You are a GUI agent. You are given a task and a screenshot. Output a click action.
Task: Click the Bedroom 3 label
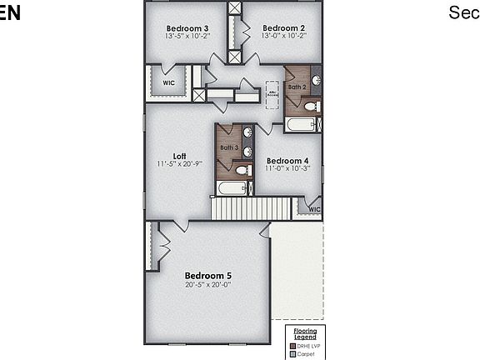(187, 28)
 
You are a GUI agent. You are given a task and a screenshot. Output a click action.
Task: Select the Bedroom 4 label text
(287, 161)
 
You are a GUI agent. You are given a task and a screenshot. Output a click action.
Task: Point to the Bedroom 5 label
(208, 276)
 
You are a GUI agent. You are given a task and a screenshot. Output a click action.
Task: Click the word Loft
(179, 156)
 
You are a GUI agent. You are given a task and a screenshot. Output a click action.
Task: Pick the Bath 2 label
(297, 87)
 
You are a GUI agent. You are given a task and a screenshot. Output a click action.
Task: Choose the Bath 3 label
(229, 147)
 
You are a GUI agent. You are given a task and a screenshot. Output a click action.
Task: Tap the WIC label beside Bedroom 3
(168, 83)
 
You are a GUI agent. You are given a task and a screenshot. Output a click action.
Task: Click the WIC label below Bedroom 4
(314, 209)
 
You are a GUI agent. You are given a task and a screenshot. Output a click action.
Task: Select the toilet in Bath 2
(310, 107)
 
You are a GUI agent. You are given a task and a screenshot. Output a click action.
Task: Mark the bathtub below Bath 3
(232, 188)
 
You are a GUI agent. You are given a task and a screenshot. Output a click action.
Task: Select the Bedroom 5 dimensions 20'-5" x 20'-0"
(208, 285)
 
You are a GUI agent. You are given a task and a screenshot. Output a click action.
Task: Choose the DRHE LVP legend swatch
(292, 346)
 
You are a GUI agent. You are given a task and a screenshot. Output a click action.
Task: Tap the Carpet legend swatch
(292, 353)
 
